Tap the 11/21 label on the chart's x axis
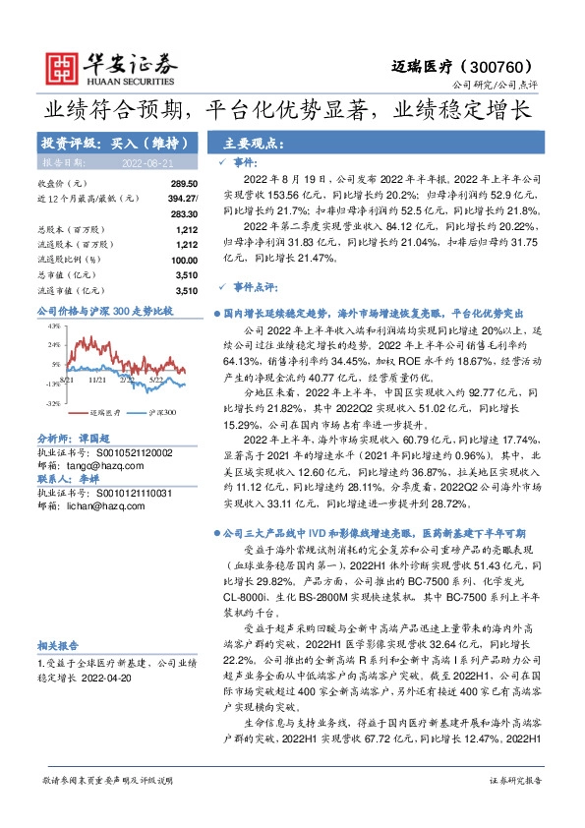(x=97, y=378)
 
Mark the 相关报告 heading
(x=57, y=644)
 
